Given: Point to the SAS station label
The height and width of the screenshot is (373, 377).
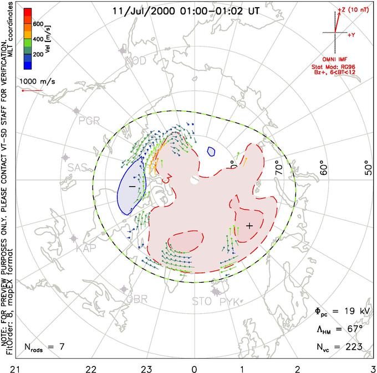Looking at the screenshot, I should pyautogui.click(x=79, y=167).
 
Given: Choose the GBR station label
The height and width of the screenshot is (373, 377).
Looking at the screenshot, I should pyautogui.click(x=136, y=299).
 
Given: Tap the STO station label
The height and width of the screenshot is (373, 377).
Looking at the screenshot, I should pyautogui.click(x=201, y=302).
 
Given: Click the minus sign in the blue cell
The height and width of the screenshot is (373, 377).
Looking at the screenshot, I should pyautogui.click(x=132, y=187).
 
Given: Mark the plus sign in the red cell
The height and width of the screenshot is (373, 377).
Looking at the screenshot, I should pyautogui.click(x=249, y=225).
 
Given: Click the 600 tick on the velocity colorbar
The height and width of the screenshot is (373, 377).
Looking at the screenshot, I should pyautogui.click(x=38, y=24).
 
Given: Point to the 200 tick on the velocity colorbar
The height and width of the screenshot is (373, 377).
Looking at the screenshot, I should pyautogui.click(x=38, y=55).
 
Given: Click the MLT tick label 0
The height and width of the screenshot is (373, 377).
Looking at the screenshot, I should pyautogui.click(x=194, y=367).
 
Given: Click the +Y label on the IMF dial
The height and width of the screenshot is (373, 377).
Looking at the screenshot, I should pyautogui.click(x=351, y=34).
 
